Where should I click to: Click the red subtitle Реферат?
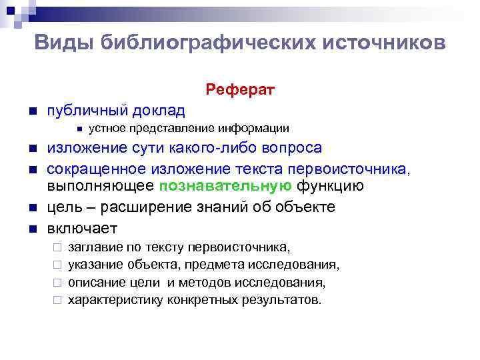point(240,89)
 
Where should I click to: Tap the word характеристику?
point(115,300)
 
